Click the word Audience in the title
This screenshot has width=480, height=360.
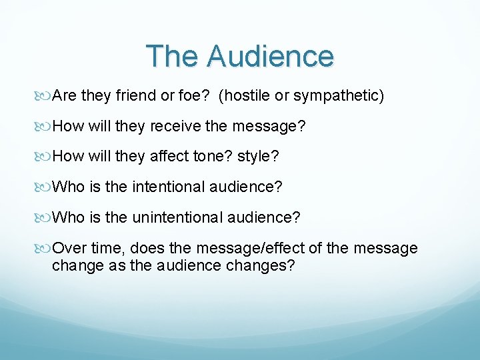pyautogui.click(x=270, y=56)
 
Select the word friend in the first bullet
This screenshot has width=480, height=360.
pyautogui.click(x=136, y=96)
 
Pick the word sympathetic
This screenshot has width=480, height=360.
pyautogui.click(x=339, y=96)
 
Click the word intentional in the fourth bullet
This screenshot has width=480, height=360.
pyautogui.click(x=170, y=187)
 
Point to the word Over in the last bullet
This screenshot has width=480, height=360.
pyautogui.click(x=68, y=249)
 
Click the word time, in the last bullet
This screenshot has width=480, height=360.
pyautogui.click(x=107, y=249)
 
